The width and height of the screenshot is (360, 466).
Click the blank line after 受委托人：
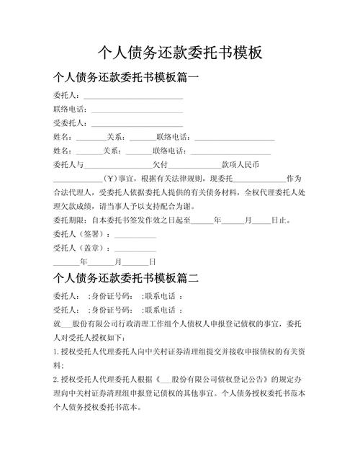pos(137,123)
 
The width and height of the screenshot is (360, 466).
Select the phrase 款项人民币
pos(243,164)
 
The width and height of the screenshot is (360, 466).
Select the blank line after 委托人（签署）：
pos(135,234)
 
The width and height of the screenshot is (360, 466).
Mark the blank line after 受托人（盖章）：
pos(135,248)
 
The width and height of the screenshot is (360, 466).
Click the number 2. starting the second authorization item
pos(56,378)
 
